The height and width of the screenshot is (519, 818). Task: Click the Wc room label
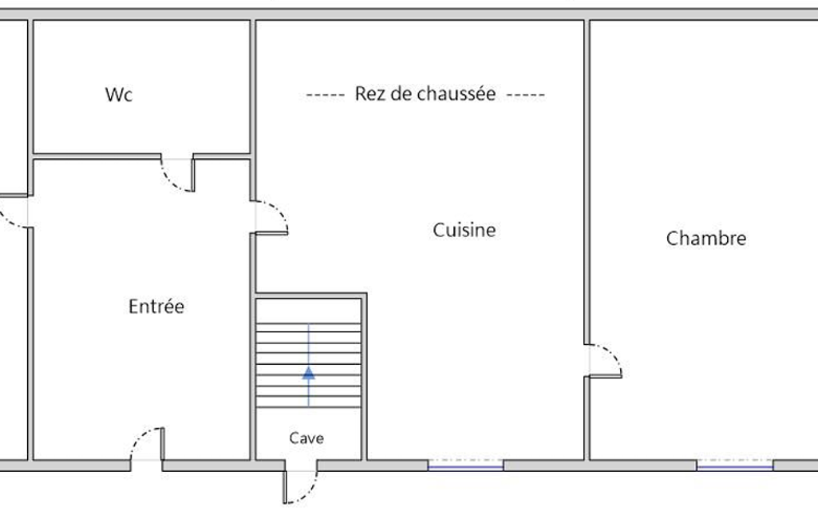[x=118, y=94]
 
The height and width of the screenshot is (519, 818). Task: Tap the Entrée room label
[x=156, y=306]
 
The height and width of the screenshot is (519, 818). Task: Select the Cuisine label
[x=464, y=230]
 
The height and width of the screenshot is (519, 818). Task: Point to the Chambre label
[x=705, y=238]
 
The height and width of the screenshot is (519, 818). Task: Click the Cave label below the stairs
[x=306, y=438]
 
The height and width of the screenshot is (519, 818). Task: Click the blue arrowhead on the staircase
[x=308, y=373]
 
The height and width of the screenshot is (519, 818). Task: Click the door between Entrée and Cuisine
[x=271, y=217]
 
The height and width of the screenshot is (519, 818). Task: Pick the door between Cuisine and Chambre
[x=604, y=360]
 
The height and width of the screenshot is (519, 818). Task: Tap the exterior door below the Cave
[x=300, y=486]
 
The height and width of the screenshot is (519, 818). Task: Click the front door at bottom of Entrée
[x=147, y=444]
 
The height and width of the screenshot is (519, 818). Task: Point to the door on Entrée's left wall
[x=14, y=212]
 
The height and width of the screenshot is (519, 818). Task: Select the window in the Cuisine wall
[x=465, y=464]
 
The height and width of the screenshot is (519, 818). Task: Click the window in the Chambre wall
[x=734, y=464]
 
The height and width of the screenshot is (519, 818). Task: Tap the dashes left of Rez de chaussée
[x=326, y=95]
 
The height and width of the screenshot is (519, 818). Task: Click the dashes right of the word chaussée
[x=526, y=95]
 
